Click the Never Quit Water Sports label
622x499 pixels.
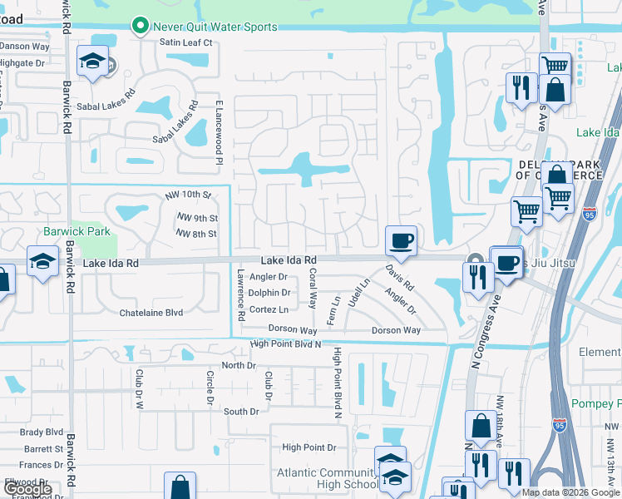[215, 27]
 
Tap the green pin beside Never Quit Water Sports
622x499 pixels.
[141, 27]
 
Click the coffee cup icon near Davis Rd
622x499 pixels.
[401, 241]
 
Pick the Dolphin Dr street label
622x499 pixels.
[270, 293]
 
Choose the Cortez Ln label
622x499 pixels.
[269, 309]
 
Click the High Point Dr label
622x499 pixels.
[309, 447]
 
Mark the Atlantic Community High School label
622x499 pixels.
[327, 478]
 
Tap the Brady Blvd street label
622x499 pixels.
[42, 432]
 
